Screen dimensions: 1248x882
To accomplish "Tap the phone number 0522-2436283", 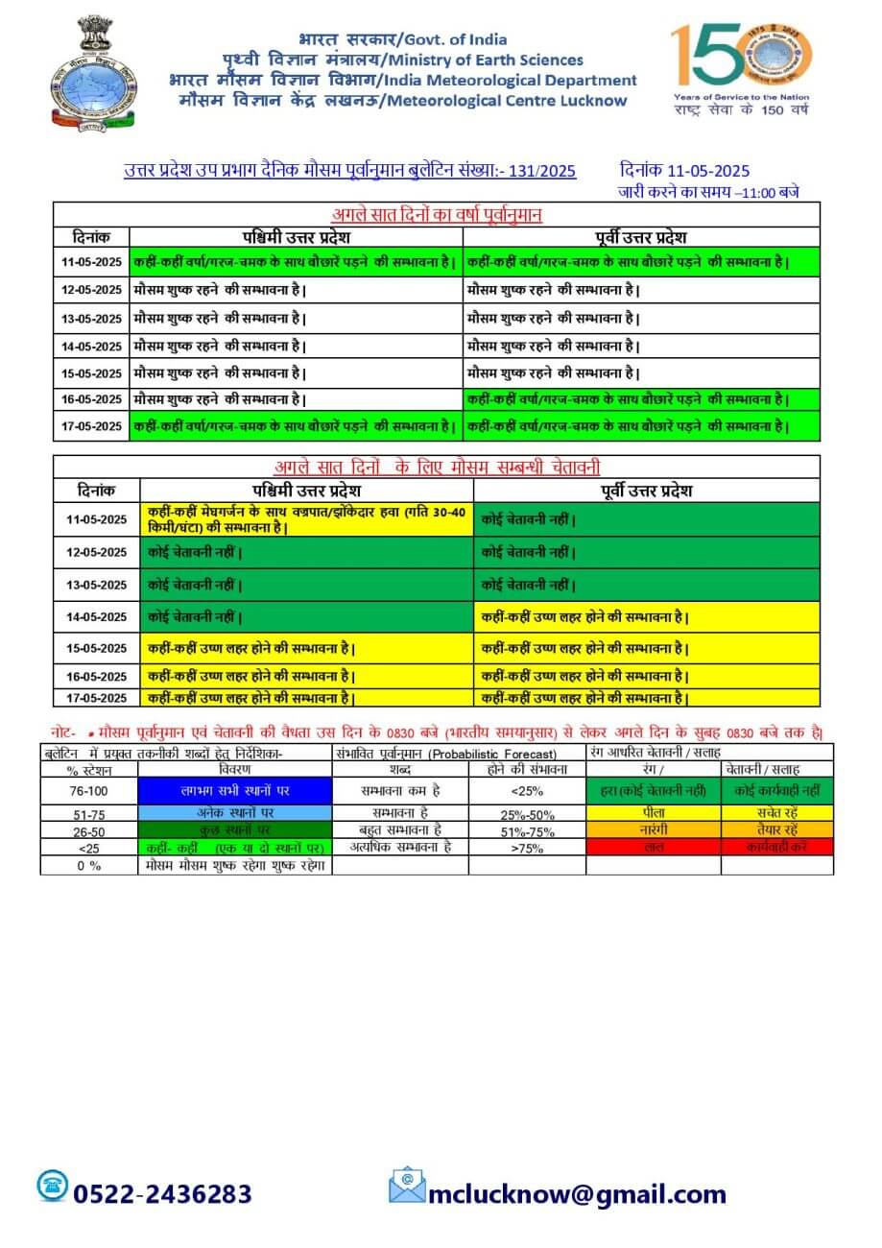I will pos(162,1193).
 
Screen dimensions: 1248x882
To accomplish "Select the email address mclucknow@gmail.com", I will pos(577,1193).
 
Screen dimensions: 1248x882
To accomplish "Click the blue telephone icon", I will pos(52,1187).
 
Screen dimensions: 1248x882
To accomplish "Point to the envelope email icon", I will pos(407,1187).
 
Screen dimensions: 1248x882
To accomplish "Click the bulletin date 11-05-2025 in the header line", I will pos(684,171).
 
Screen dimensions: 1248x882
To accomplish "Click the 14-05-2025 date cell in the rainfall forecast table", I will pos(90,345).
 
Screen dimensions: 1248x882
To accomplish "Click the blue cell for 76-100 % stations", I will pos(235,790).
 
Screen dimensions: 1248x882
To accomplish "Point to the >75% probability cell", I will pos(527,848).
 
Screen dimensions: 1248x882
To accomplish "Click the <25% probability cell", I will pos(527,790).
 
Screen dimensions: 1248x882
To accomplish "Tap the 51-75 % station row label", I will pos(89,813).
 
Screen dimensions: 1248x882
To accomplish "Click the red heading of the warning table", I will pos(437,468).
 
